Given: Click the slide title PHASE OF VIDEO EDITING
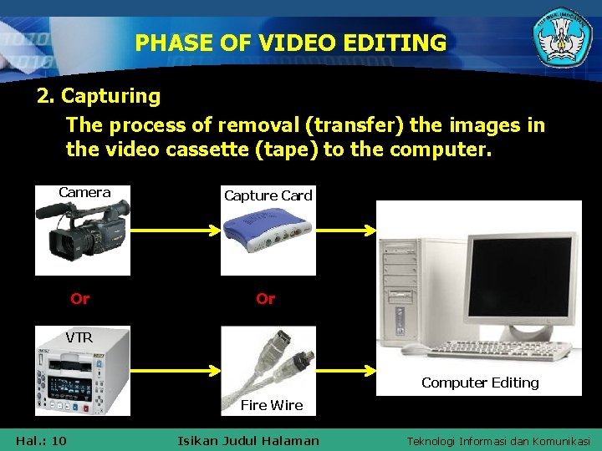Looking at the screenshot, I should (291, 43).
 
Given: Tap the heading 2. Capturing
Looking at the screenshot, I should (99, 96).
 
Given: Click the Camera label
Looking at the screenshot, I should (84, 193).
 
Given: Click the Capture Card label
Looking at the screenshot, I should (268, 195).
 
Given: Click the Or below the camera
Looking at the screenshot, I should (80, 298).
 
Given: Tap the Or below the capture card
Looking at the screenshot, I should (266, 298).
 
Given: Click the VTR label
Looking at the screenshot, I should (79, 338).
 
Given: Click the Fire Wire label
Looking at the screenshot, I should (271, 405).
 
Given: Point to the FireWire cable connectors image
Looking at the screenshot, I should (268, 363).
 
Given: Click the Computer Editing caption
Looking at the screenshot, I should (480, 383).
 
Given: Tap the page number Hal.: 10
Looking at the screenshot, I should (41, 440).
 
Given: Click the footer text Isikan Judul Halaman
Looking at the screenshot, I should (248, 440).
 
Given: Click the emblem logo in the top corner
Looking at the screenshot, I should (562, 39).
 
